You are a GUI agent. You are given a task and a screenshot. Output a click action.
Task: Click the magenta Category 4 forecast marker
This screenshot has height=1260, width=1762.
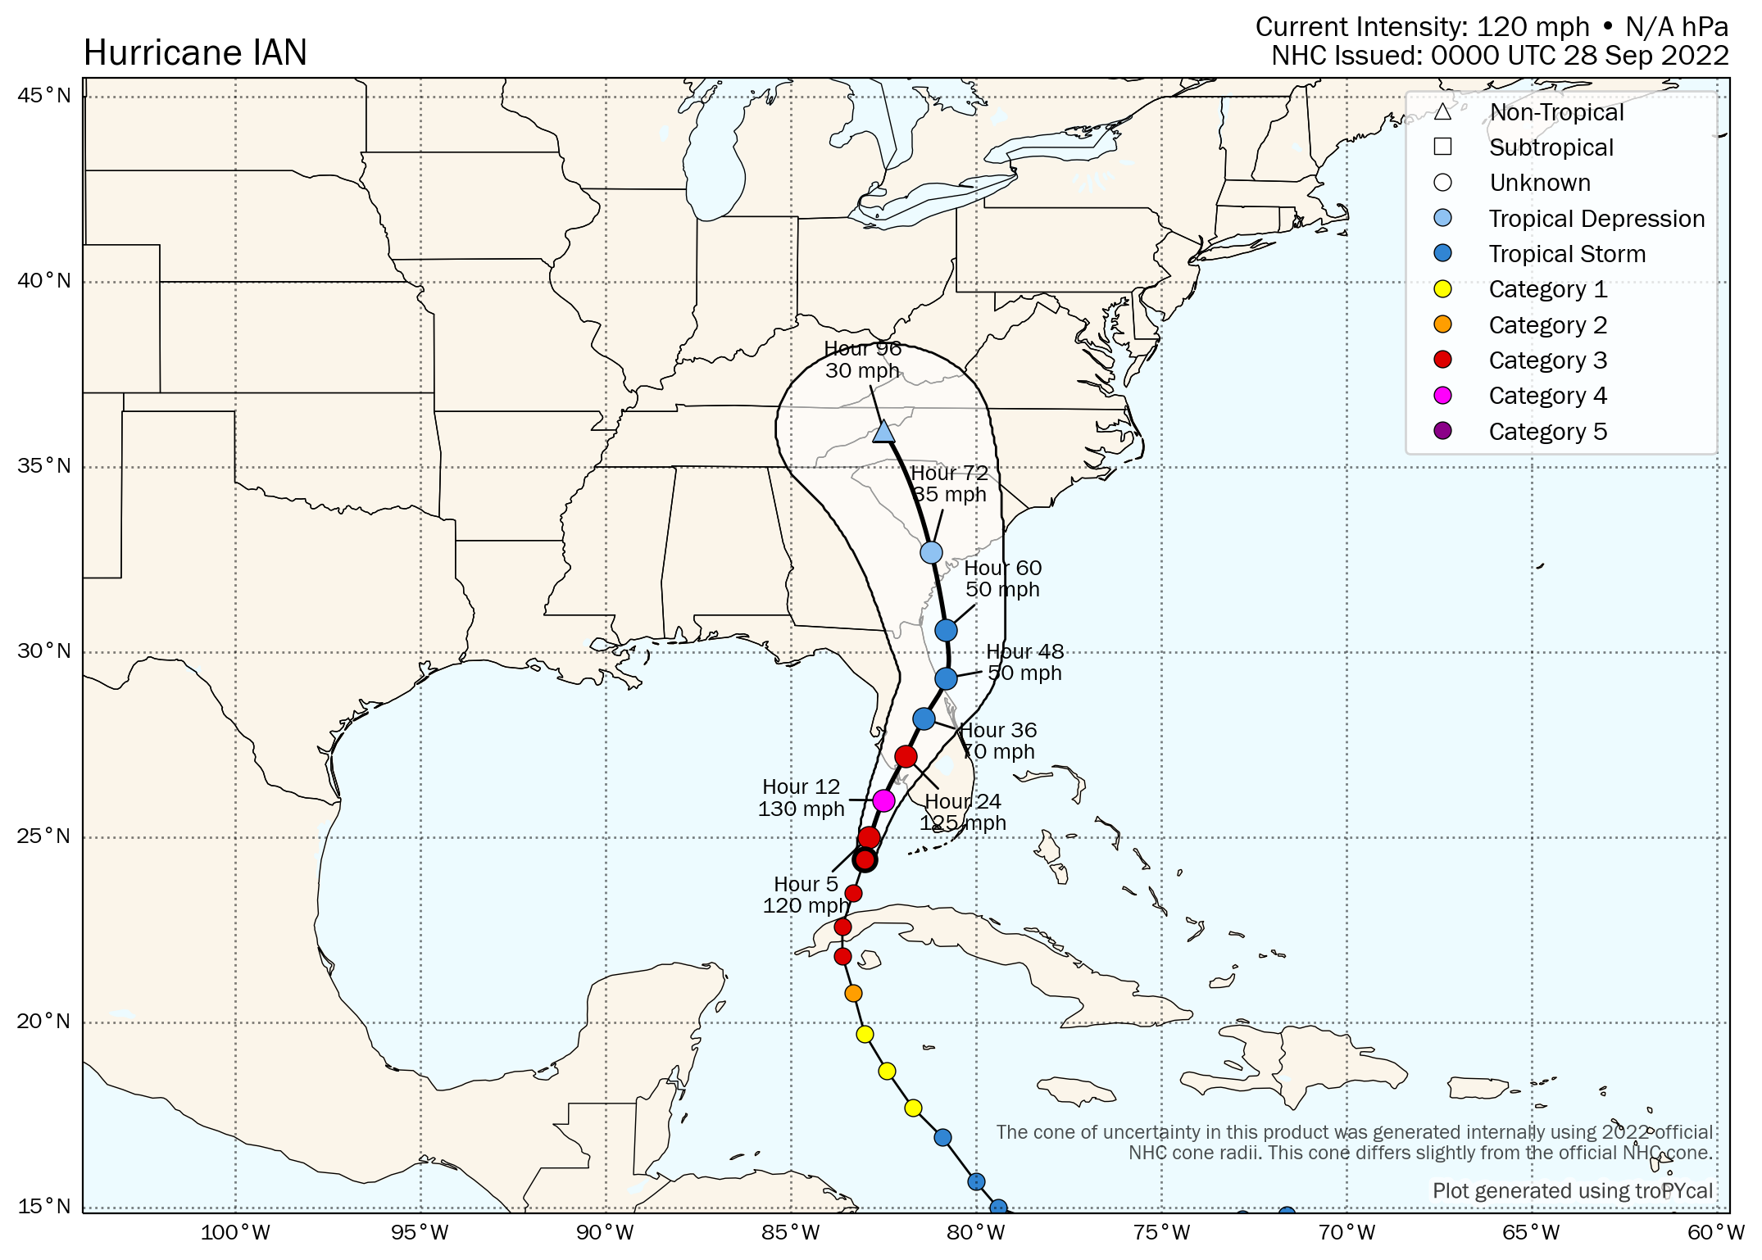pyautogui.click(x=883, y=800)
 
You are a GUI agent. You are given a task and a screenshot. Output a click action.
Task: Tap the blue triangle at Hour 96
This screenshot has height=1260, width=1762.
pyautogui.click(x=883, y=432)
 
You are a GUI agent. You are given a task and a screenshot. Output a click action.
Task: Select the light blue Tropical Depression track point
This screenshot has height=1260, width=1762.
pyautogui.click(x=931, y=552)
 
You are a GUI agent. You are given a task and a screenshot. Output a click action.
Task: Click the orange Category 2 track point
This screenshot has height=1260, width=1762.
pyautogui.click(x=853, y=993)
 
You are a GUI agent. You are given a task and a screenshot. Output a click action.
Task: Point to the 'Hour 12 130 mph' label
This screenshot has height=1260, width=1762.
pyautogui.click(x=801, y=798)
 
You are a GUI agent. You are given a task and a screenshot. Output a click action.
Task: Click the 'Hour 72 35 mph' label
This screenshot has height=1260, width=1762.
pyautogui.click(x=949, y=483)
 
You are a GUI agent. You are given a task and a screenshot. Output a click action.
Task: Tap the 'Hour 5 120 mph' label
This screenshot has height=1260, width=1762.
pyautogui.click(x=806, y=895)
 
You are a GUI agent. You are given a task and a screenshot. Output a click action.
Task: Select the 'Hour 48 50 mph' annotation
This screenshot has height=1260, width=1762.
pyautogui.click(x=1024, y=662)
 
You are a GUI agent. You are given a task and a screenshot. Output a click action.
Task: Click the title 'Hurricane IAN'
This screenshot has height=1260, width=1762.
pyautogui.click(x=195, y=53)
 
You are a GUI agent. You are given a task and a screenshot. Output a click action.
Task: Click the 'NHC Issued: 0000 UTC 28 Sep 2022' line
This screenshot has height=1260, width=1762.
pyautogui.click(x=1499, y=56)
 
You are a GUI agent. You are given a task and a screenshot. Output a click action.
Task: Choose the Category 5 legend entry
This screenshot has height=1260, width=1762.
pyautogui.click(x=1547, y=431)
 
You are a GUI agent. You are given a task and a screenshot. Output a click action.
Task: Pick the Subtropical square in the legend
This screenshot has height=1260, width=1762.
pyautogui.click(x=1443, y=147)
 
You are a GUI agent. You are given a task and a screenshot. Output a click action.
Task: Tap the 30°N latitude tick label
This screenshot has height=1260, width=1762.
pyautogui.click(x=44, y=651)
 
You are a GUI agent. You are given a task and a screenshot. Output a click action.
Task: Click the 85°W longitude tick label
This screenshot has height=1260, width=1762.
pyautogui.click(x=790, y=1232)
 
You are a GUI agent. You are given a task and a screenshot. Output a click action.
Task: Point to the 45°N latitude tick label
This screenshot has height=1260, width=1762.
pyautogui.click(x=44, y=96)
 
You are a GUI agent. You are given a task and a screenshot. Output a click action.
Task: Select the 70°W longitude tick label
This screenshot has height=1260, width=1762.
pyautogui.click(x=1346, y=1232)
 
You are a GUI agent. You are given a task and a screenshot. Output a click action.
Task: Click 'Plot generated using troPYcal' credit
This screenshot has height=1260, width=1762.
pyautogui.click(x=1572, y=1190)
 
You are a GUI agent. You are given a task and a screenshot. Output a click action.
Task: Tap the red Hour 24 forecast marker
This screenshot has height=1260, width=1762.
pyautogui.click(x=906, y=756)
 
